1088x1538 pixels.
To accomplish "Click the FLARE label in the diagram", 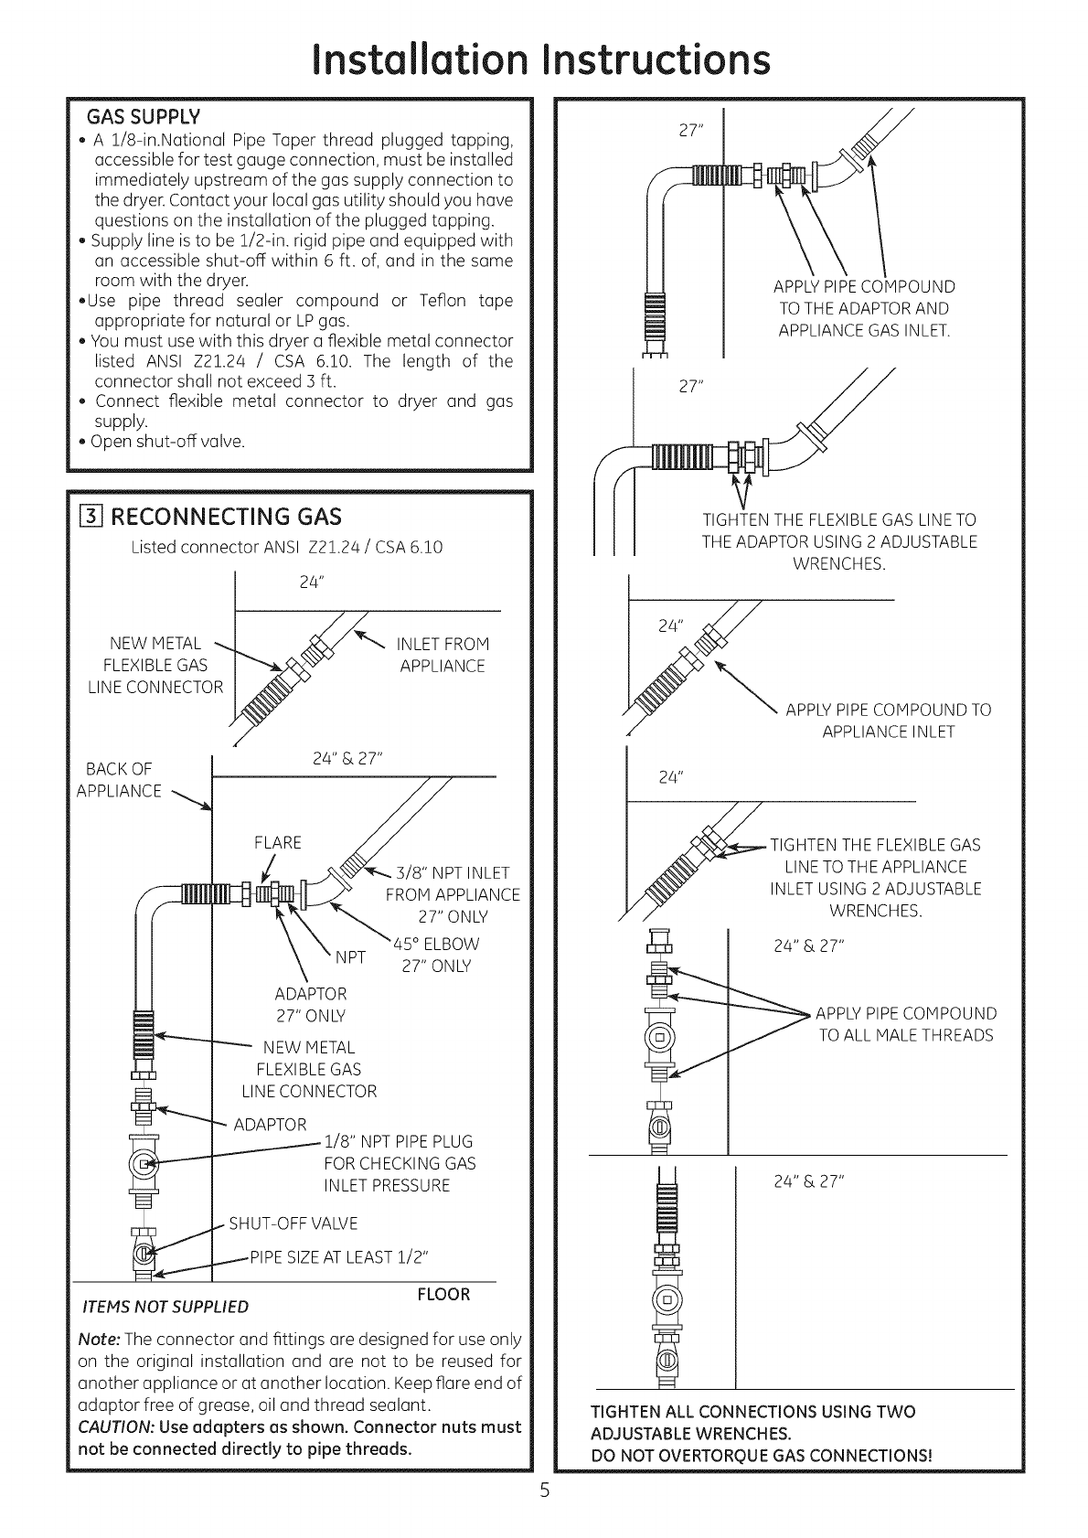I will (277, 842).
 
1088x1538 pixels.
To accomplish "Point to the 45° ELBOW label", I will (436, 945).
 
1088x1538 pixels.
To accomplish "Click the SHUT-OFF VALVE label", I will (293, 1223).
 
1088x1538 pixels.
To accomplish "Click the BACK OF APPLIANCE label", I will (119, 779).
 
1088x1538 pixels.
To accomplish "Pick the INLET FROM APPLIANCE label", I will (443, 655).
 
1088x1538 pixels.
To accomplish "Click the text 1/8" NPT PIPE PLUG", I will (399, 1141).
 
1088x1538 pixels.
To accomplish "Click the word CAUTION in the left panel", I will (112, 1426).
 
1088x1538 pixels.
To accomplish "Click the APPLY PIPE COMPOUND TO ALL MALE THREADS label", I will (905, 1024).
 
